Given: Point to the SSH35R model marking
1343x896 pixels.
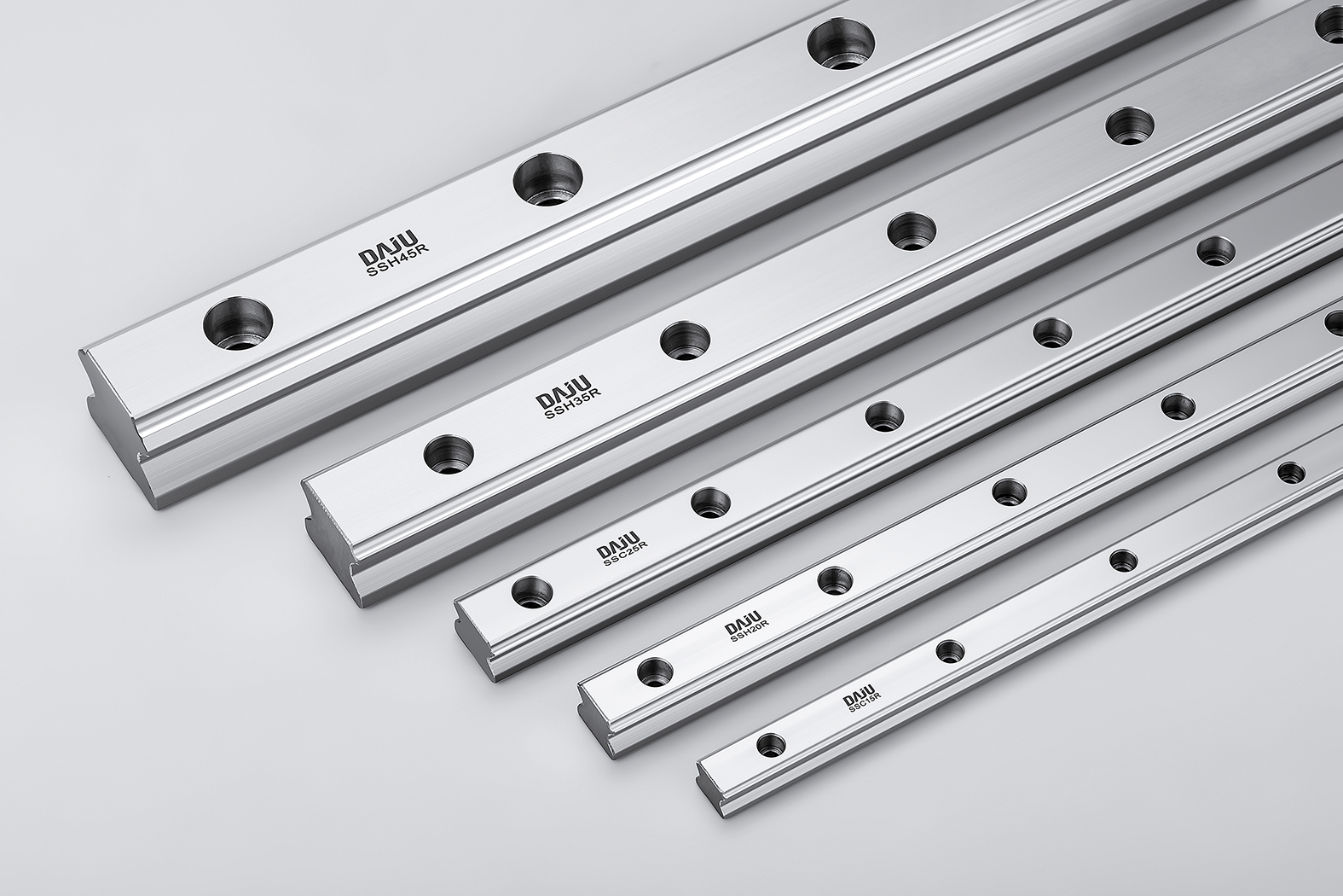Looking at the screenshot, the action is (x=571, y=405).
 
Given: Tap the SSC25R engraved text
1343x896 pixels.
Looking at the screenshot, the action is (x=625, y=553).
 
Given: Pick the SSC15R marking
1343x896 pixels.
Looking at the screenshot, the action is (x=863, y=703).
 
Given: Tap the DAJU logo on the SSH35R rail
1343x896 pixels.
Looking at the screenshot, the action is (x=563, y=393).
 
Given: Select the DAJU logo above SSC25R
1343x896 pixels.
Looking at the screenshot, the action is (x=618, y=543).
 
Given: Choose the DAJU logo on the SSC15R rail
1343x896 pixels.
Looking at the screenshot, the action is (x=859, y=694).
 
